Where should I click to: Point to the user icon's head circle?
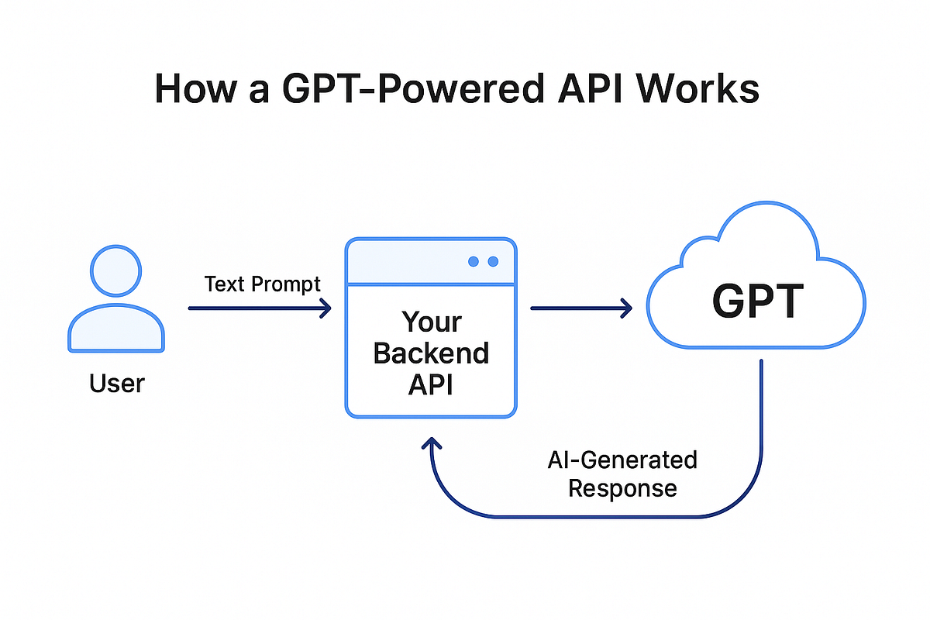pyautogui.click(x=116, y=271)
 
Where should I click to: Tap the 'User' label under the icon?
pyautogui.click(x=116, y=383)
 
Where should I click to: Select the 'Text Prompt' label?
pyautogui.click(x=262, y=284)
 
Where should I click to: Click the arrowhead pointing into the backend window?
pyautogui.click(x=325, y=308)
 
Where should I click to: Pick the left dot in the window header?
pyautogui.click(x=474, y=262)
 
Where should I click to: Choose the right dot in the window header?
pyautogui.click(x=493, y=262)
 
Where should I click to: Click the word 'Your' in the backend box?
pyautogui.click(x=431, y=322)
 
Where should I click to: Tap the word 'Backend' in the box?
pyautogui.click(x=431, y=353)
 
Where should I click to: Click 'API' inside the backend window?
pyautogui.click(x=431, y=384)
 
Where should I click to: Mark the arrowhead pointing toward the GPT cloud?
pyautogui.click(x=627, y=308)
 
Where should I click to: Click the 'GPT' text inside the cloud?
pyautogui.click(x=758, y=303)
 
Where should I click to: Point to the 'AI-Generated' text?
pyautogui.click(x=622, y=460)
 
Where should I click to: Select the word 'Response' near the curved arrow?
pyautogui.click(x=622, y=489)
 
